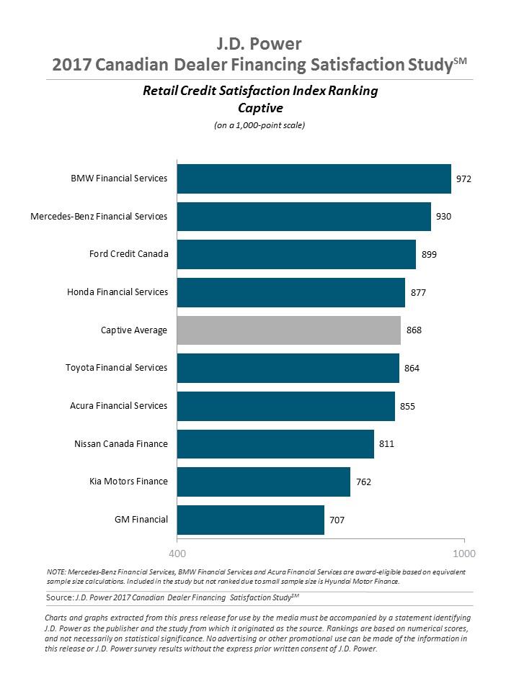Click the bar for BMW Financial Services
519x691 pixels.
coord(314,179)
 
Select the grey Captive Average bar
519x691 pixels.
coord(288,330)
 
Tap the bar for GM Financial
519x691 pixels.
coord(250,520)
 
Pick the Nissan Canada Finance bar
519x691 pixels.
coord(275,444)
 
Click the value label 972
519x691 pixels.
coord(463,179)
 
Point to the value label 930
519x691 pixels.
coord(443,217)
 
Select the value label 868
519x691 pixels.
coord(414,330)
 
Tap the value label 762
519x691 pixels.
coord(363,482)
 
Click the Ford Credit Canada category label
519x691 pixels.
coord(128,254)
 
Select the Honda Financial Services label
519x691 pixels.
coord(117,292)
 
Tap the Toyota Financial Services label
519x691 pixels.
coord(116,368)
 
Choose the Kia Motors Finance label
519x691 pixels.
coord(123,482)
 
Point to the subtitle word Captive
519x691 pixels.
coord(259,108)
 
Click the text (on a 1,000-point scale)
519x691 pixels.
coord(259,125)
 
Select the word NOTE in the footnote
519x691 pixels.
coord(56,572)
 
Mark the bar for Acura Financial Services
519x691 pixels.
coord(285,406)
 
